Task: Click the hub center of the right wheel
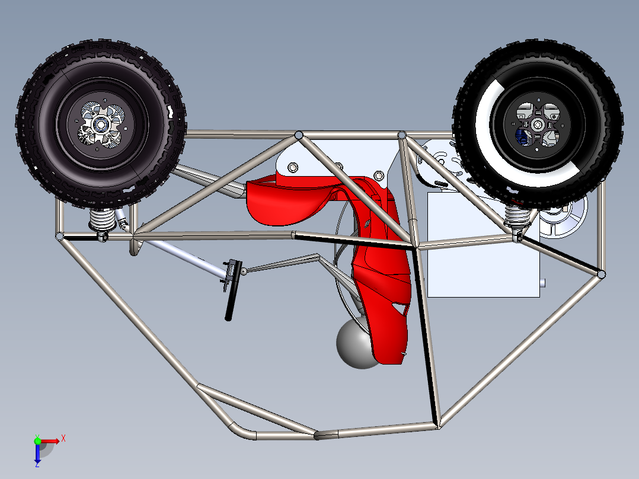click(537, 124)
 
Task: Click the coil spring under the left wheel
click(102, 221)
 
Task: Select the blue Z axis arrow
click(37, 454)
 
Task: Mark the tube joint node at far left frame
click(60, 237)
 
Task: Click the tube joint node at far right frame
click(601, 274)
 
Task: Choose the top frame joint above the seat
click(299, 136)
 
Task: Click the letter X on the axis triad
click(63, 438)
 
